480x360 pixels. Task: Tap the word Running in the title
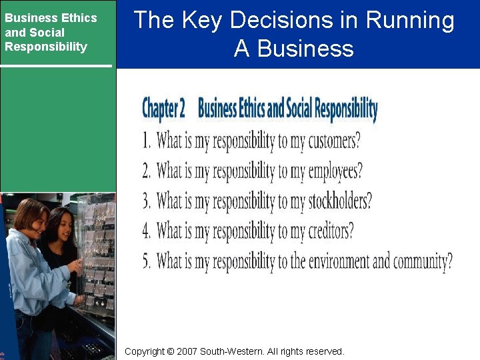click(410, 21)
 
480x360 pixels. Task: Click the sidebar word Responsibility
click(45, 47)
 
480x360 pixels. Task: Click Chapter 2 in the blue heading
click(163, 108)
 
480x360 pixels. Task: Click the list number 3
click(147, 201)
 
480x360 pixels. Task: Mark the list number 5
click(147, 261)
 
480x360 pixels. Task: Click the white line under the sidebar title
click(56, 65)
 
